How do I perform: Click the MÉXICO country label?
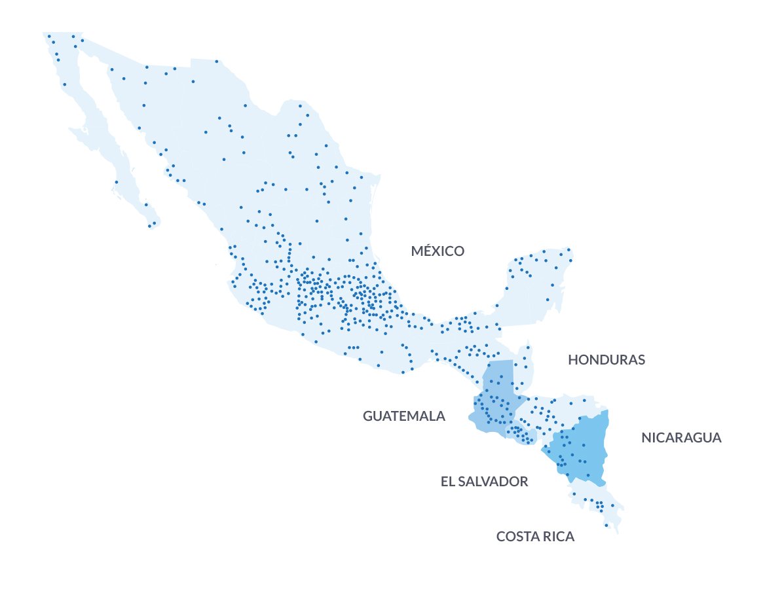(x=438, y=251)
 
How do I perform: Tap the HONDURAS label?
(x=606, y=360)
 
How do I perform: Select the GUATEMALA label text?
(x=403, y=416)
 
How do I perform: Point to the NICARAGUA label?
(x=681, y=438)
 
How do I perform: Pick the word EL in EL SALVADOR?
(x=447, y=482)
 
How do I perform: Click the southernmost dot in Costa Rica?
(x=606, y=525)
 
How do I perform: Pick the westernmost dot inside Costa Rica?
(x=574, y=494)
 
